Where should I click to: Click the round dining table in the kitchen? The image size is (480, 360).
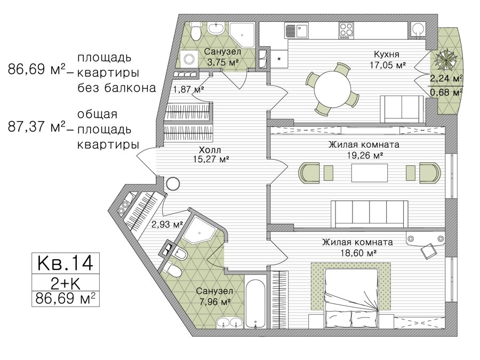click(x=333, y=89)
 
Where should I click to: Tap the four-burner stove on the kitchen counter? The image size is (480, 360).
click(x=346, y=30)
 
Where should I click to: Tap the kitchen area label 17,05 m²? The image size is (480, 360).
click(x=388, y=65)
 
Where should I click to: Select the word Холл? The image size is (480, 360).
click(x=210, y=150)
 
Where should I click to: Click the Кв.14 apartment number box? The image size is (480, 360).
click(x=66, y=263)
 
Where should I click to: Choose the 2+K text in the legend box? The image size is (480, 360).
click(x=65, y=284)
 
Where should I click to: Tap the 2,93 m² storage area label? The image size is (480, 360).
click(x=167, y=225)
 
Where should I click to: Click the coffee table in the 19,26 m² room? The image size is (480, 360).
click(x=370, y=173)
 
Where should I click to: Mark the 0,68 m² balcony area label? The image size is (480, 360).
click(x=446, y=92)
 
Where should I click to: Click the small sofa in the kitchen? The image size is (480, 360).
click(x=401, y=109)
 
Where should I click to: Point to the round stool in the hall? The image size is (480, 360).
click(x=173, y=183)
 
